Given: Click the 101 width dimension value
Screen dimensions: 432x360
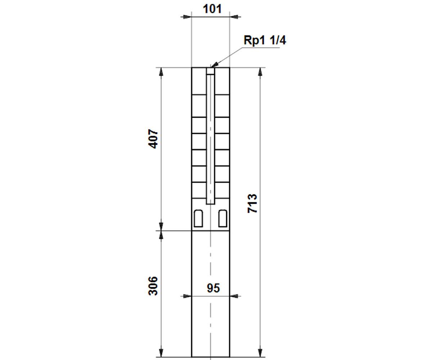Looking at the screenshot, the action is pos(212,9).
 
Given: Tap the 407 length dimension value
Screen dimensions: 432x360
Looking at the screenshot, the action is pos(153,139).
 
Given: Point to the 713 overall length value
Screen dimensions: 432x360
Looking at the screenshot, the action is pos(252,203).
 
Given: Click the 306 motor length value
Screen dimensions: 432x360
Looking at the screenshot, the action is pos(153,286).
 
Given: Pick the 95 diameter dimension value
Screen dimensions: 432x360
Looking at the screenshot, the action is pos(213,288).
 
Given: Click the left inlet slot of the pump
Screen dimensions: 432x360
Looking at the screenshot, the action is pos(198,218).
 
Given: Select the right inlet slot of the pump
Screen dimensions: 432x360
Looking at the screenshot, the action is pos(223,218).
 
